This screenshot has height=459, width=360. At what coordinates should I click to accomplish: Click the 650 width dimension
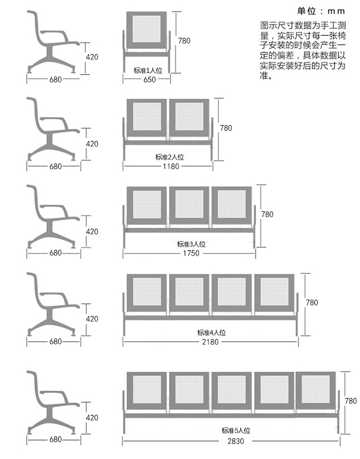[149, 79]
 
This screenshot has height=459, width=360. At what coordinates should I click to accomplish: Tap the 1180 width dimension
[171, 166]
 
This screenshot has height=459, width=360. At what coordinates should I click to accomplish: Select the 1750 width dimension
[191, 253]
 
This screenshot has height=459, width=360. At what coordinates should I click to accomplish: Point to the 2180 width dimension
[210, 341]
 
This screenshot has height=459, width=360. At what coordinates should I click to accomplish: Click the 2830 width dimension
[236, 441]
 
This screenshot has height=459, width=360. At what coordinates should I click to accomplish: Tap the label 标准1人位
[148, 70]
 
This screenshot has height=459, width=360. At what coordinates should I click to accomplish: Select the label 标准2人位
[169, 157]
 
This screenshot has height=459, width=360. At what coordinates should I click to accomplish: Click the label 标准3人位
[191, 244]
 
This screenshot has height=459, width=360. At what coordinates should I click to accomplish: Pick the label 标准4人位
[212, 332]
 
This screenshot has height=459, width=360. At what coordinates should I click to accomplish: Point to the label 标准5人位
[236, 431]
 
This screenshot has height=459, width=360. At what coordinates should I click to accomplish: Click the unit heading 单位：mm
[321, 11]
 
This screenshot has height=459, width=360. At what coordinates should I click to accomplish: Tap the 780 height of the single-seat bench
[184, 41]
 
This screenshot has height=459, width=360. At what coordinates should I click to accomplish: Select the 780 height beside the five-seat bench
[350, 401]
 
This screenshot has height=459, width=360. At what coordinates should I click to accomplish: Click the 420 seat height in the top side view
[92, 57]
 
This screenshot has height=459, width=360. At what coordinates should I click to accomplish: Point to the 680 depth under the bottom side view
[55, 439]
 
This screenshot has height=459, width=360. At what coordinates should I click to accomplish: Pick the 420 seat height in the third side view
[92, 232]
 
